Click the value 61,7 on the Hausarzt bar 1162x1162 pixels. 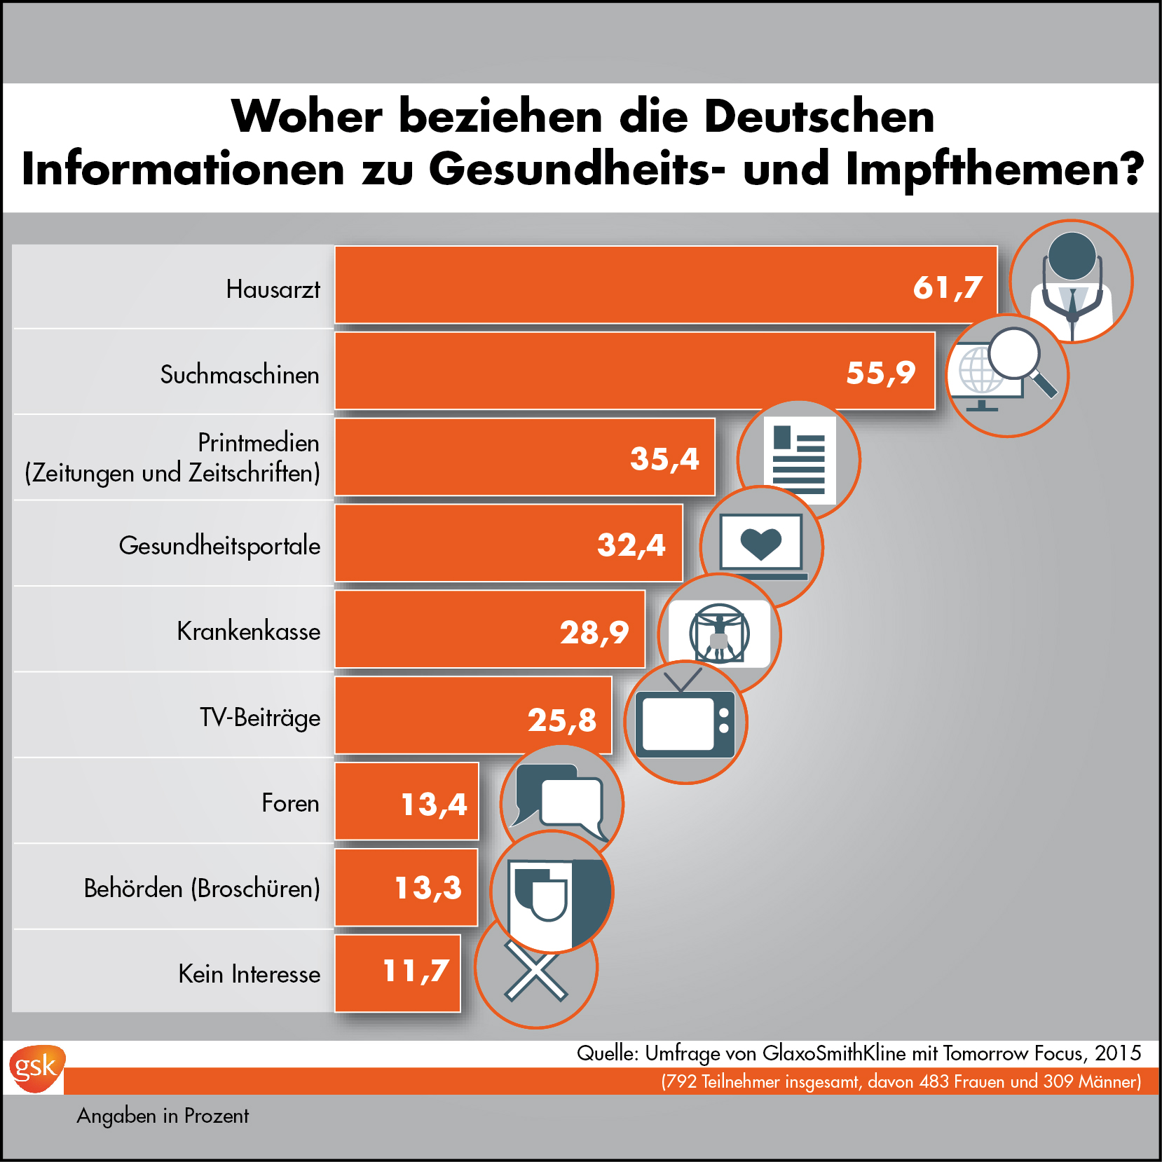point(948,287)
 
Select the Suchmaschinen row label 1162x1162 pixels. point(239,374)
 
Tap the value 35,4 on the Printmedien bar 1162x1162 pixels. point(664,459)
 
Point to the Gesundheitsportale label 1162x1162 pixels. point(219,545)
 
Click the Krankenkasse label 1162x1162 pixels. point(248,631)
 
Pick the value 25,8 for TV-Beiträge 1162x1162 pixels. point(562,720)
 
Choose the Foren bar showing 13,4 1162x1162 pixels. point(407,802)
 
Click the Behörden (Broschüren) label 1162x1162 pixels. point(202,888)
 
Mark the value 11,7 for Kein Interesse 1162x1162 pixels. point(416,971)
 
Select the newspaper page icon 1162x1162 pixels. point(799,460)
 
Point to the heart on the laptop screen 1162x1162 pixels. point(760,542)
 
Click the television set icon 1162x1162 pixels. point(685,722)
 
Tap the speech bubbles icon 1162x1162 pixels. point(561,800)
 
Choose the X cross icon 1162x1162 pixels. point(535,971)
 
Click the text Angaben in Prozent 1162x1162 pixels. point(163,1116)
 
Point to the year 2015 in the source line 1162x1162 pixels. point(1118,1053)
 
